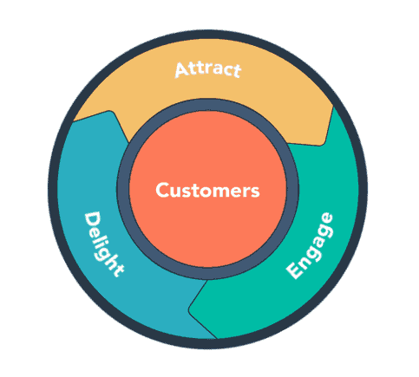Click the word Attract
208,68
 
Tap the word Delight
103,242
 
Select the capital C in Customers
162,191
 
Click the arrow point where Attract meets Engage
328,139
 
